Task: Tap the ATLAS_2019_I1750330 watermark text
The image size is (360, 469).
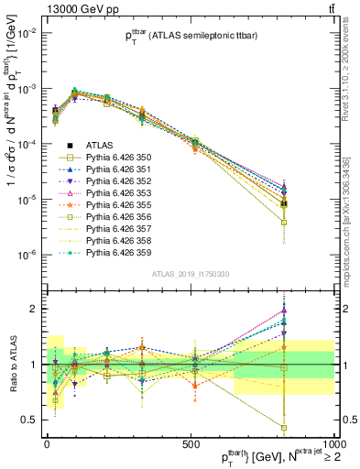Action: tap(190, 275)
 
